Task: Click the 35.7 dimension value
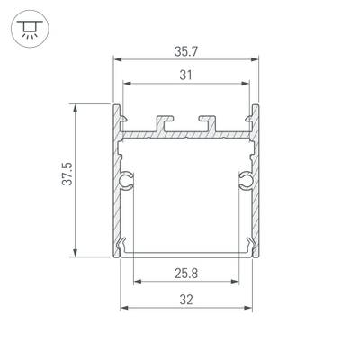[x=186, y=52]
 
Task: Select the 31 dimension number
[x=186, y=76]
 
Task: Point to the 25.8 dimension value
[x=186, y=272]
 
